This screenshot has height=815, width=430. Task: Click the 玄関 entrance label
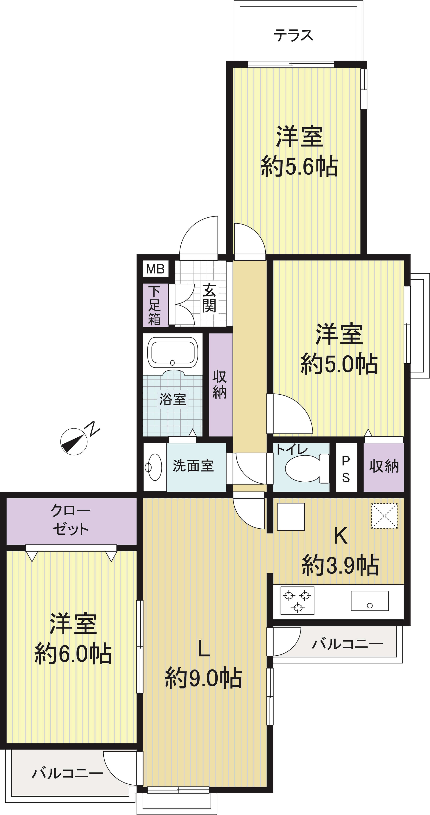point(209,298)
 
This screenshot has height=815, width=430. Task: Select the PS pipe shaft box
point(346,467)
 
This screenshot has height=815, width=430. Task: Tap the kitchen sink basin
point(370,601)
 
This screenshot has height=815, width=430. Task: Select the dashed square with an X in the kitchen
point(384,516)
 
